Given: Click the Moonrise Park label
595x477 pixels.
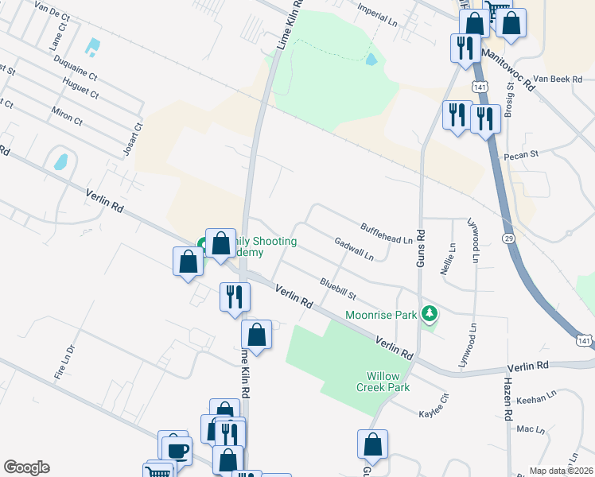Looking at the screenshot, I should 381,315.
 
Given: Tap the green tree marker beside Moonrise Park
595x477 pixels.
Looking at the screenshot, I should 430,314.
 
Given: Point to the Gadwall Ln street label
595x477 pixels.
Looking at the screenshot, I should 354,250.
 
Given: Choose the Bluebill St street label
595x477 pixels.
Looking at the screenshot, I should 337,287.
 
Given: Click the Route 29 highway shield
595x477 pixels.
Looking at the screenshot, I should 508,238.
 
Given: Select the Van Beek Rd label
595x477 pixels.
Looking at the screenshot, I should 558,79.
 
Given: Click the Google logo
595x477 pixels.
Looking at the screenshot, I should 27,467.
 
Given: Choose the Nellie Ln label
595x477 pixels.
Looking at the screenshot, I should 453,258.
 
